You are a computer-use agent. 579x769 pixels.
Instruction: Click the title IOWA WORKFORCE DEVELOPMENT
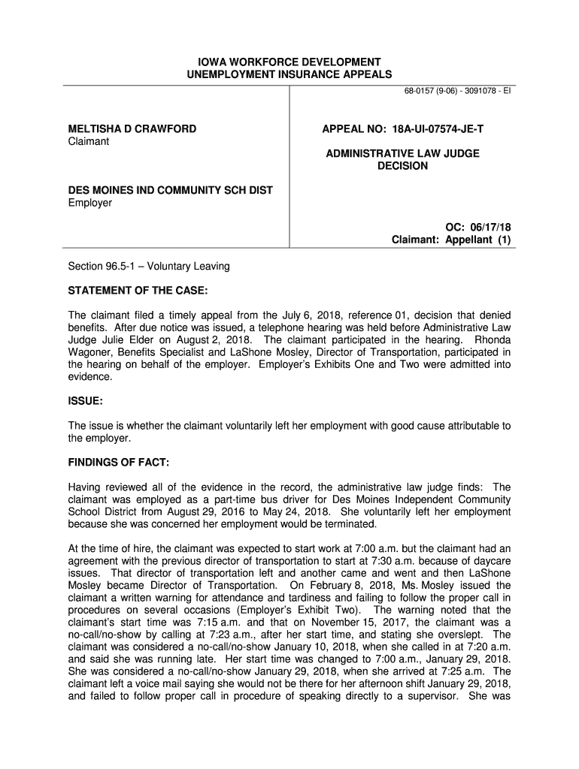289,61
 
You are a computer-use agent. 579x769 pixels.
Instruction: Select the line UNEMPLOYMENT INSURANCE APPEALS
289,74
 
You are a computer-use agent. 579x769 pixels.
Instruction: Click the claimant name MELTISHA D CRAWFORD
132,129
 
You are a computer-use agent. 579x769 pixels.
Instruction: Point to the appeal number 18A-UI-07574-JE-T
436,129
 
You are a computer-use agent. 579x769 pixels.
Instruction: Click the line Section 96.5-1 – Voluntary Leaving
149,267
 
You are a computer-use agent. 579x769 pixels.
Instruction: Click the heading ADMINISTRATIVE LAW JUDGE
402,153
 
